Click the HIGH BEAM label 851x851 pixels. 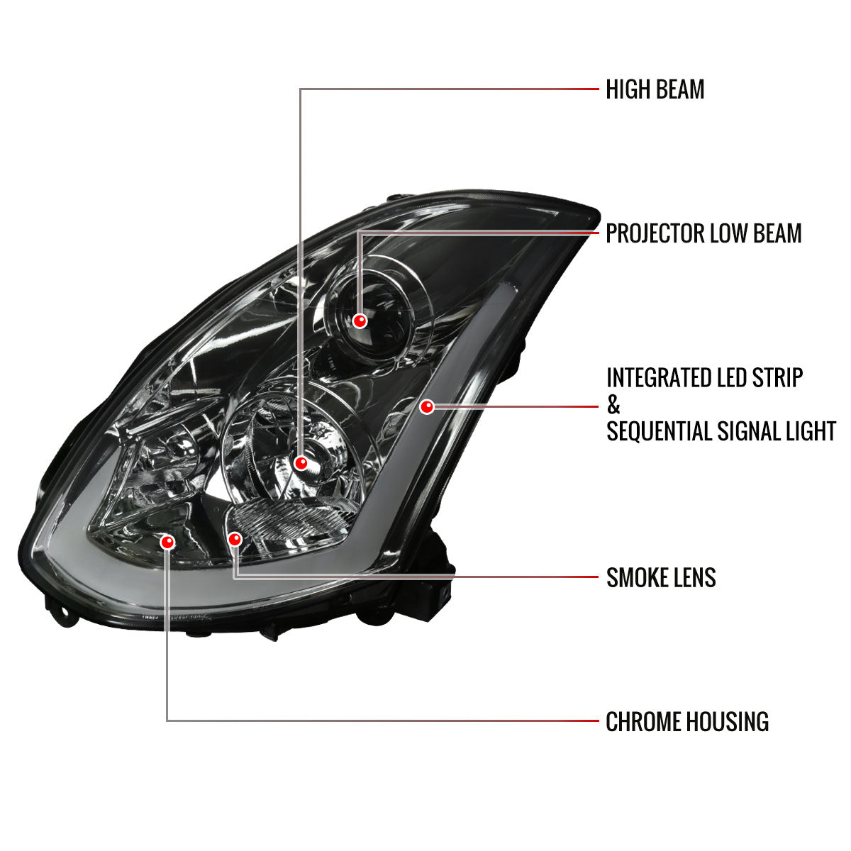(655, 90)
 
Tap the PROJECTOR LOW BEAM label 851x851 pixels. (703, 233)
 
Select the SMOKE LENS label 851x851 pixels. (661, 578)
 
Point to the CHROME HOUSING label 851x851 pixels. (687, 722)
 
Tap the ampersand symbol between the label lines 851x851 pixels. (613, 406)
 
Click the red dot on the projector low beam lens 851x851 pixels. (360, 321)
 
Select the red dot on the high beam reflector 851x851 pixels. (301, 464)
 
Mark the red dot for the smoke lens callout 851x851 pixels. (235, 539)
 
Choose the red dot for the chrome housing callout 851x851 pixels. (167, 543)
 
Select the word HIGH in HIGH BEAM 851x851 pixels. (627, 90)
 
